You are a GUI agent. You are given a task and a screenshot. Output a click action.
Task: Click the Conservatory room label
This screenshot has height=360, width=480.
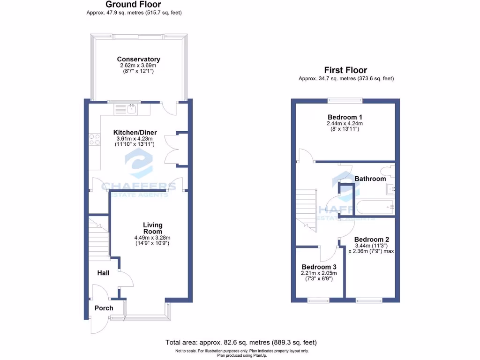138,60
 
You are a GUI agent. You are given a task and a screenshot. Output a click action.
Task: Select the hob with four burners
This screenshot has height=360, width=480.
94,139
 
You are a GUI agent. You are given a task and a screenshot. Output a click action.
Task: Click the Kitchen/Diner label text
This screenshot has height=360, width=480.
135,133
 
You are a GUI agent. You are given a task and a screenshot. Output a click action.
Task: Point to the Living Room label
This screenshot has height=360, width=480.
152,228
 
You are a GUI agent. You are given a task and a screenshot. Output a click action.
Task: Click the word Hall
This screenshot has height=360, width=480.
103,272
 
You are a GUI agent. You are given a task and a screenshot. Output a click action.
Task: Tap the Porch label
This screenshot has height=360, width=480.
104,308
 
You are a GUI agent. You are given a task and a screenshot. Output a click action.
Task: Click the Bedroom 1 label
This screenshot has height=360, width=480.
345,117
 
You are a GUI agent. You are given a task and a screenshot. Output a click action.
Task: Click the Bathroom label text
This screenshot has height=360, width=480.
370,179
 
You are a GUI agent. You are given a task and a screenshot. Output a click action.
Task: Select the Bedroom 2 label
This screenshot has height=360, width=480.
372,239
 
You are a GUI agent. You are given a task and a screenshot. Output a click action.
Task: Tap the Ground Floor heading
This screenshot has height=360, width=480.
134,5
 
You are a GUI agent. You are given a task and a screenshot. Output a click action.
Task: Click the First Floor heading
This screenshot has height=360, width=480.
346,70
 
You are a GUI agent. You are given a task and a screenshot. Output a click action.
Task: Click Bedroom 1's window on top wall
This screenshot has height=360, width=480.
345,99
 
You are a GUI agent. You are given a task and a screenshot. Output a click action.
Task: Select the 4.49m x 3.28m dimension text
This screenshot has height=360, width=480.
152,238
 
